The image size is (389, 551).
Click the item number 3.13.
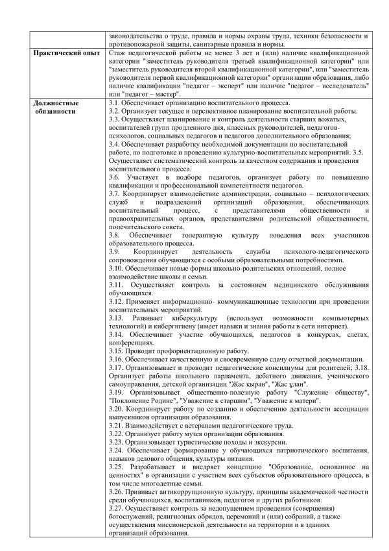click(x=117, y=319)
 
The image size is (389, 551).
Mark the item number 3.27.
click(x=117, y=509)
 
